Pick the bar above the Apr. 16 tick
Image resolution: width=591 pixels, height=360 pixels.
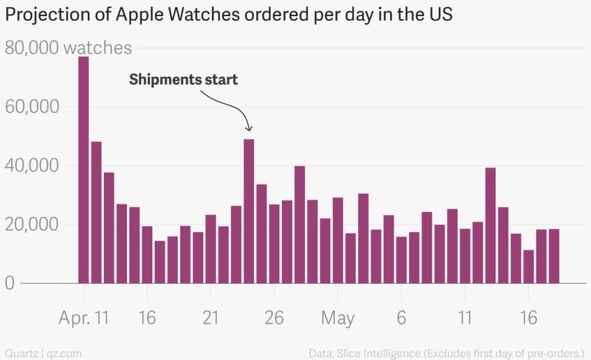[147, 254]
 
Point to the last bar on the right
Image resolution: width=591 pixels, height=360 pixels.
[553, 256]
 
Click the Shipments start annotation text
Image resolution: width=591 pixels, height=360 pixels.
[183, 79]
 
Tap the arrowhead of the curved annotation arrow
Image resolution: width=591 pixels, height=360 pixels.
[249, 128]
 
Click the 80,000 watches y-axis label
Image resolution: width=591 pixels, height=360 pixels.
[68, 48]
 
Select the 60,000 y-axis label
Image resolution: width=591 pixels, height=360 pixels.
[32, 107]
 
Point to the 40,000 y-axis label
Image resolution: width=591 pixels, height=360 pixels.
[32, 166]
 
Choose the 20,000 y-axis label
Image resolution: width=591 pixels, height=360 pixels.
[32, 225]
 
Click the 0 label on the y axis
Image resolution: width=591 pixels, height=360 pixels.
[9, 284]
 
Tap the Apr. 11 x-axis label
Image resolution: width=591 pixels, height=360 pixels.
[84, 317]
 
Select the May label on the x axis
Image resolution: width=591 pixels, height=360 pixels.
[338, 317]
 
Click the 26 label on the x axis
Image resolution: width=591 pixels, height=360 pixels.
[274, 317]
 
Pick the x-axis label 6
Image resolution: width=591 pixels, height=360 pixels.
[401, 317]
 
